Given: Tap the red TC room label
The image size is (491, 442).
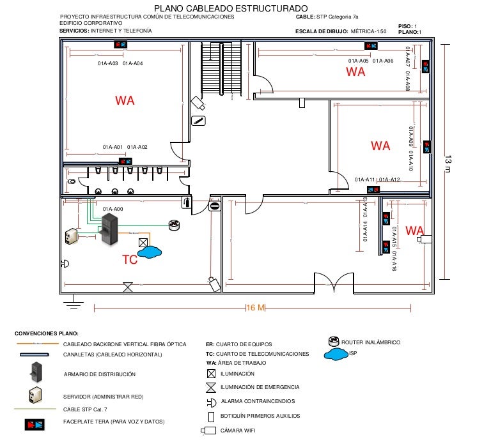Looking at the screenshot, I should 130,260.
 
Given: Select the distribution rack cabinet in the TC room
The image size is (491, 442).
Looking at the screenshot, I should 110,228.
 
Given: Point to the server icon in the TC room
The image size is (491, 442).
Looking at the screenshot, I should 70,236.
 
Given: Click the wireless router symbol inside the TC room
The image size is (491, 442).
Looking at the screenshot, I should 175,224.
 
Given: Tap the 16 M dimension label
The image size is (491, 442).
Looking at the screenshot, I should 256,308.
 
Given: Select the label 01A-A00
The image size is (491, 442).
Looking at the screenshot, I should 113,209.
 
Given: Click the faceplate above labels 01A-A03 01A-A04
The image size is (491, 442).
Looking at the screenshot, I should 120,45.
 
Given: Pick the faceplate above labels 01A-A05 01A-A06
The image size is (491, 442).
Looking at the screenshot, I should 371,46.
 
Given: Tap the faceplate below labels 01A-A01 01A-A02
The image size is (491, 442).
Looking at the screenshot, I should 125,161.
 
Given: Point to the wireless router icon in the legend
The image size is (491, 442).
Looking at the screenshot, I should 333,341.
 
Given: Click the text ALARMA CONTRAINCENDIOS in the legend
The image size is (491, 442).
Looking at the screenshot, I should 258,401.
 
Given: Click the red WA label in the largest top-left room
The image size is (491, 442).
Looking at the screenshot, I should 125,100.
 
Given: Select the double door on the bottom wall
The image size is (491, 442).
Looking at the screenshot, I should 333,282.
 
